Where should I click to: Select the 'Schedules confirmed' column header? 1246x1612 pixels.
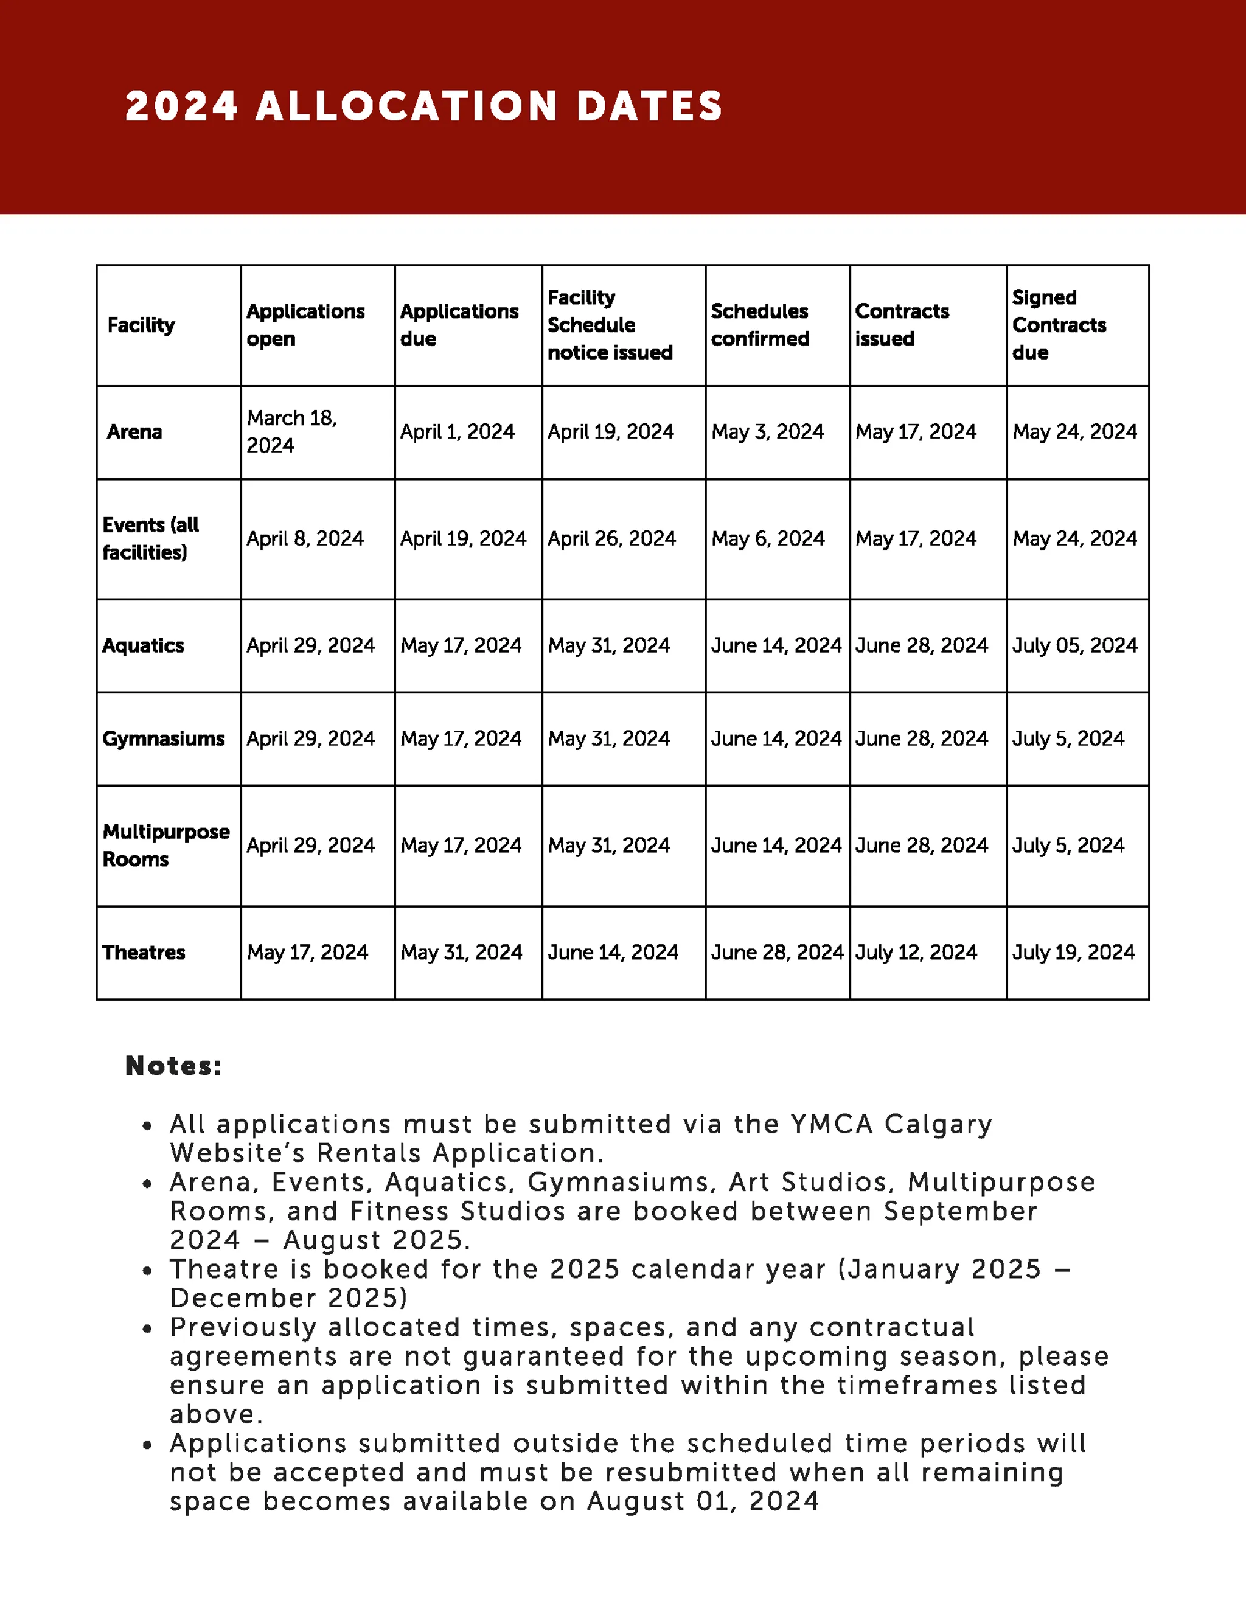759,325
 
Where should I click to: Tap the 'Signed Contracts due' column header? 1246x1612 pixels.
1059,325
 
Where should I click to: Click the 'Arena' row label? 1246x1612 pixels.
134,432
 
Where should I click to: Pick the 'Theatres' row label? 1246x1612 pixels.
144,952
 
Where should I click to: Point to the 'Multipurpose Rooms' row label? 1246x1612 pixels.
165,845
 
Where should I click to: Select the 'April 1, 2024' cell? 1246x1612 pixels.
457,432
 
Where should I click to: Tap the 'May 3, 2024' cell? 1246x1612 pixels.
767,432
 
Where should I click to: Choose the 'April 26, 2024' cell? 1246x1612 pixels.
611,539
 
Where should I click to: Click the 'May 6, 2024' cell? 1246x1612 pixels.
768,539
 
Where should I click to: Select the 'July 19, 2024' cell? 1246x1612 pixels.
1073,952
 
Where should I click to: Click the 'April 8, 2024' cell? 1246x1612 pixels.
305,539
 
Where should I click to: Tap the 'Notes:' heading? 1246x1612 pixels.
173,1066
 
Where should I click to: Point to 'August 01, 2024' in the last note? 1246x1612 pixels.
703,1501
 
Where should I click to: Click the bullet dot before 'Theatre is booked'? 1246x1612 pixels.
148,1271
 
